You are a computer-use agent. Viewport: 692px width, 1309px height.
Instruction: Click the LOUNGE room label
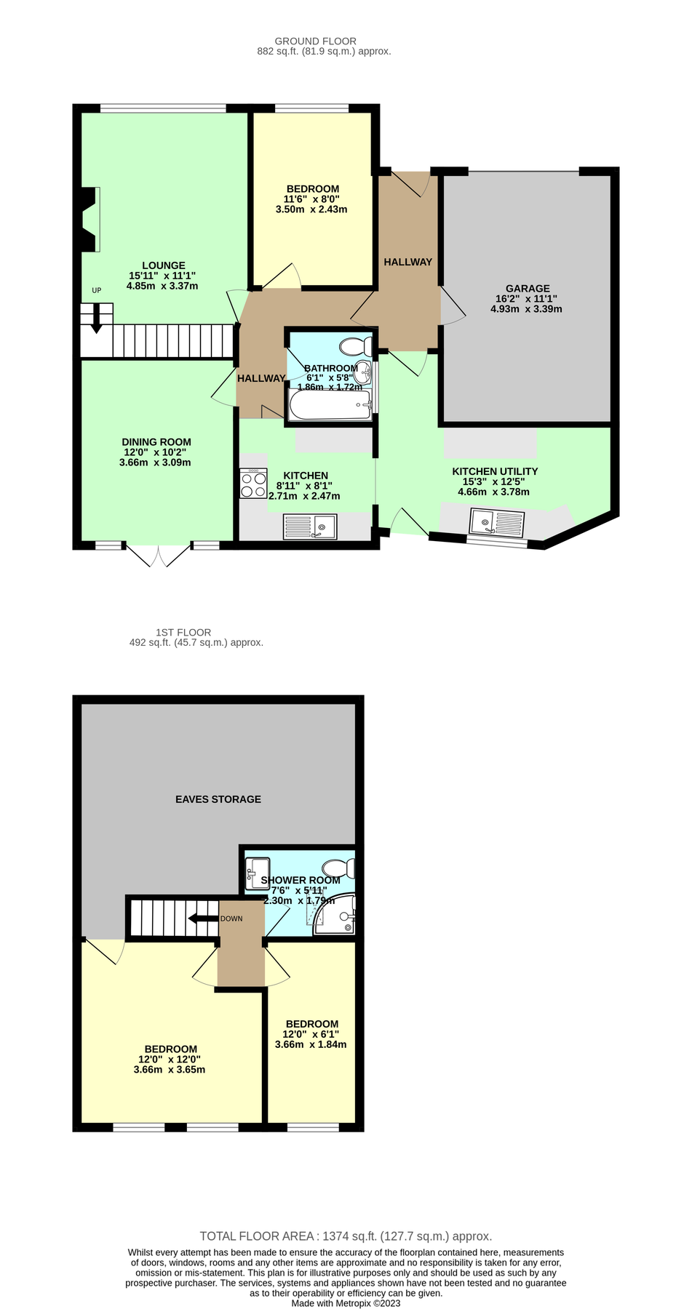click(163, 265)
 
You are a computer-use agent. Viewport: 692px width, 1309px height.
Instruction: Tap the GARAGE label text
click(527, 289)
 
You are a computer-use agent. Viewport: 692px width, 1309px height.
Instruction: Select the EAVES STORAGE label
click(218, 799)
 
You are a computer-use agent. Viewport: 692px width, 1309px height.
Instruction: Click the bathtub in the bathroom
click(330, 405)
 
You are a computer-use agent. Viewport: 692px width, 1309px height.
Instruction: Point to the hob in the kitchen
click(253, 484)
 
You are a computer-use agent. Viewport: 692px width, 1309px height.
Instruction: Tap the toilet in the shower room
click(338, 868)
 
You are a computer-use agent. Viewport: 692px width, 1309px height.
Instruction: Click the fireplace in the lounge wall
click(89, 220)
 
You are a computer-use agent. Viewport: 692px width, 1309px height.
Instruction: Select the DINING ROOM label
click(156, 442)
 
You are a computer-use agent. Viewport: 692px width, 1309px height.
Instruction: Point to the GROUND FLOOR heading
click(315, 41)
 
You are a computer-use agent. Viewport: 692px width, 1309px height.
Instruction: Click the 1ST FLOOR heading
click(183, 633)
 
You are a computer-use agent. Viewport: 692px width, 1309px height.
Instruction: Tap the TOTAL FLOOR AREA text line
click(346, 1236)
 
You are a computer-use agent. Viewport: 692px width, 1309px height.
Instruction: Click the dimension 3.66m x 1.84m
click(311, 1044)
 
